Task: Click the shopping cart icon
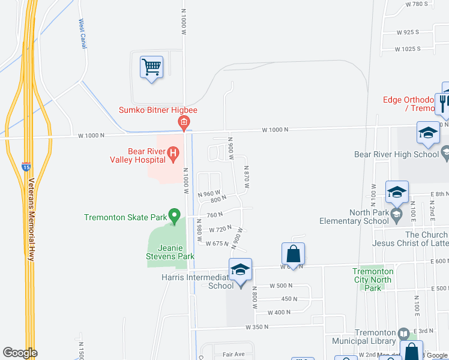pyautogui.click(x=151, y=66)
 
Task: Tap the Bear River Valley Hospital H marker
pyautogui.click(x=173, y=155)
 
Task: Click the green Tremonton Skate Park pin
pyautogui.click(x=174, y=214)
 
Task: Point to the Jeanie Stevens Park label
pyautogui.click(x=176, y=252)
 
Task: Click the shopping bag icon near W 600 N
pyautogui.click(x=293, y=253)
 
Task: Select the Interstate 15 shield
pyautogui.click(x=26, y=166)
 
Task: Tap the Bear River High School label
pyautogui.click(x=397, y=154)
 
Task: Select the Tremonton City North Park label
pyautogui.click(x=373, y=280)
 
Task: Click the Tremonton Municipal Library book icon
pyautogui.click(x=405, y=333)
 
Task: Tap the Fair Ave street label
pyautogui.click(x=234, y=355)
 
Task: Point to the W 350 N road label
pyautogui.click(x=256, y=328)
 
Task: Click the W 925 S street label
pyautogui.click(x=408, y=32)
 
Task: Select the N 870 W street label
pyautogui.click(x=246, y=179)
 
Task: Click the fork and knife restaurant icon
pyautogui.click(x=444, y=102)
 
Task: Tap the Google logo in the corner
pyautogui.click(x=20, y=353)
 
